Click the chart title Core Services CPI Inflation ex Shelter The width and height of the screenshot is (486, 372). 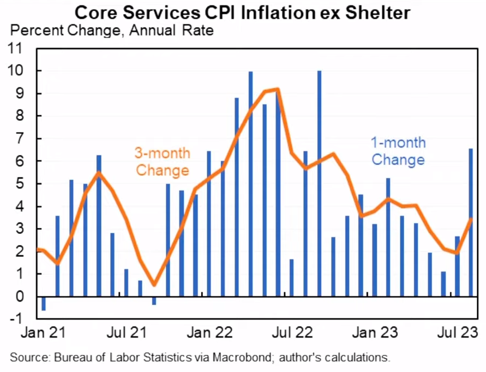point(242,12)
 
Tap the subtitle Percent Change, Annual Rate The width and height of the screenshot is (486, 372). point(112,30)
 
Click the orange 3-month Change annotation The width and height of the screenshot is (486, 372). point(162,162)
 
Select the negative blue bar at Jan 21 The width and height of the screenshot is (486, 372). point(43,304)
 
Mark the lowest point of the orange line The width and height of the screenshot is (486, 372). point(154,285)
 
